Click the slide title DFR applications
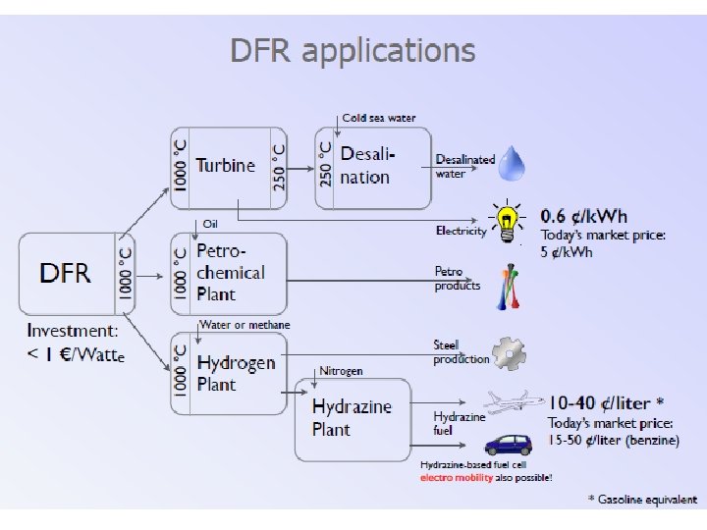click(353, 50)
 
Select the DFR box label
click(65, 272)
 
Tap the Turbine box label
click(225, 166)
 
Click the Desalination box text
click(366, 166)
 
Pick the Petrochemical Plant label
click(231, 273)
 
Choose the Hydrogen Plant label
click(236, 373)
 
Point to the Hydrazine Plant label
click(352, 417)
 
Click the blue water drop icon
click(512, 164)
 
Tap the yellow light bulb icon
click(507, 223)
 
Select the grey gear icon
click(509, 353)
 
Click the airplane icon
click(513, 402)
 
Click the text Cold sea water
click(379, 118)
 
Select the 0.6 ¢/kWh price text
click(584, 216)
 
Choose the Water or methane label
click(245, 325)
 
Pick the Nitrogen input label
click(342, 371)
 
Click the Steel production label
click(461, 352)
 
